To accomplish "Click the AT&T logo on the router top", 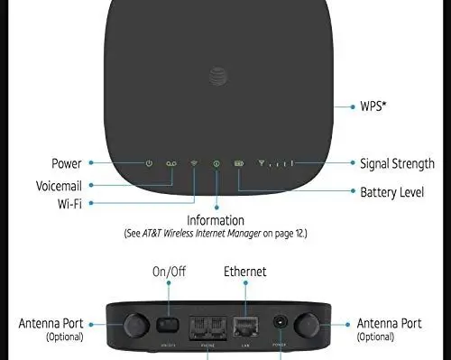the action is [x=216, y=72].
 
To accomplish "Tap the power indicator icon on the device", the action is [x=150, y=163].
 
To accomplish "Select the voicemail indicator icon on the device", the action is [x=172, y=163].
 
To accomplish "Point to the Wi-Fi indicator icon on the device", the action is [x=194, y=163].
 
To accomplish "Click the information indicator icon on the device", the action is [x=216, y=163].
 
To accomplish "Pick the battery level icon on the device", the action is [x=239, y=163].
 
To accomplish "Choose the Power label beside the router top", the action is [x=66, y=163].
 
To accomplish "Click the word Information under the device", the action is [x=216, y=220].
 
